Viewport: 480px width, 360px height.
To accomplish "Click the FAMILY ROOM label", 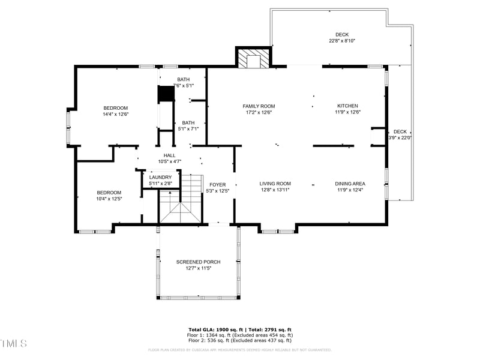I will (x=259, y=106).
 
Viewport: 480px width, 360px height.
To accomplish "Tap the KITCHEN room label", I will (x=347, y=106).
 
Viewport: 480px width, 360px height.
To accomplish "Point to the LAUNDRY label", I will (x=161, y=177).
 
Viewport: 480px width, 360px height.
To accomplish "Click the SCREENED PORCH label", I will (x=198, y=262).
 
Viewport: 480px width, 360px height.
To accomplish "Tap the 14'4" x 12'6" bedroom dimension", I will (x=116, y=114).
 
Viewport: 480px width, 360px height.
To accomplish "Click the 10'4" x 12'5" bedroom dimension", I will (x=109, y=199).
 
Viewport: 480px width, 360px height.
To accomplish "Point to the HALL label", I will (x=170, y=155).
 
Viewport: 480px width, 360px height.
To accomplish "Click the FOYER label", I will (x=217, y=184).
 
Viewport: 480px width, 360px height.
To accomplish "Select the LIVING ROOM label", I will (x=275, y=184).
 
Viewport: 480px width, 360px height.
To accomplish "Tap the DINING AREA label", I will (x=350, y=184).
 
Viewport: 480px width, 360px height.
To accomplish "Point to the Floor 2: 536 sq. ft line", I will (x=240, y=341).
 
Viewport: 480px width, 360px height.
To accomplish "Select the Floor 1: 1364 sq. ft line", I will (x=240, y=335).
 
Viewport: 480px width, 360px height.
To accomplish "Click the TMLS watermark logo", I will (x=14, y=343).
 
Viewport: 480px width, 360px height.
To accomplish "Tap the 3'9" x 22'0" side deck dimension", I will (x=400, y=138).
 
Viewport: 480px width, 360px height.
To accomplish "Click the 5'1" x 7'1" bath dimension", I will (x=188, y=128).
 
